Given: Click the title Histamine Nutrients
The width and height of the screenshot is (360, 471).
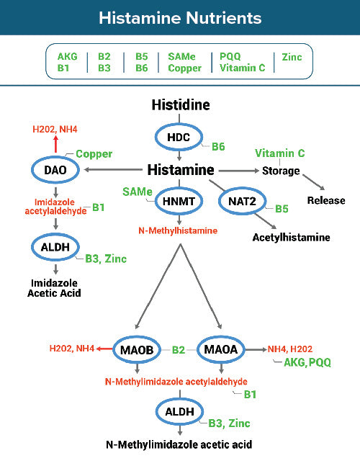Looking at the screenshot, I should pos(179,17).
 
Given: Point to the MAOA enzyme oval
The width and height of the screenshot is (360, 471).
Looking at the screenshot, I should pos(220,349).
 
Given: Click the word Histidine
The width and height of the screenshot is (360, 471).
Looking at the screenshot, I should pos(180,105).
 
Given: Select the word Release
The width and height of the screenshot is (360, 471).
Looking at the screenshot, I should pos(326,200).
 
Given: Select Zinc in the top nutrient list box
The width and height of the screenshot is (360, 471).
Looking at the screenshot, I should pos(292,57).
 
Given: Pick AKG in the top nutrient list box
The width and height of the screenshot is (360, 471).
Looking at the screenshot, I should pos(68,57).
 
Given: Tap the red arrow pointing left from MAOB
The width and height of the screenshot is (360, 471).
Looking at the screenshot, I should pos(105,349).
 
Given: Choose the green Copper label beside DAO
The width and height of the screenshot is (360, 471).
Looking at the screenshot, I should pos(94,154).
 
